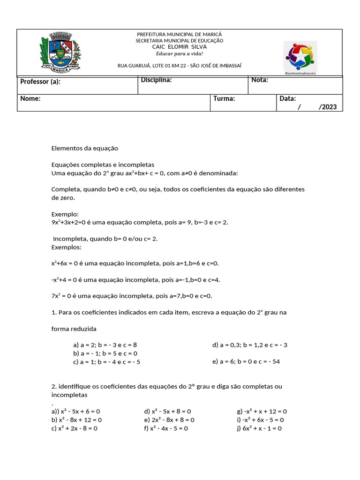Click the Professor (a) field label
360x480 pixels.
[40, 82]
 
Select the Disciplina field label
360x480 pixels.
[157, 80]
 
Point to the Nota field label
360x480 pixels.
[260, 80]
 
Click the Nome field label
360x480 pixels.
[30, 99]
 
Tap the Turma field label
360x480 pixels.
[224, 99]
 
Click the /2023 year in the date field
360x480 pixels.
[327, 107]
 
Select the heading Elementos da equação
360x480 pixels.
[85, 149]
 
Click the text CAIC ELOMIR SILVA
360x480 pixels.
[180, 47]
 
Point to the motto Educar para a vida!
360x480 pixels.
[180, 53]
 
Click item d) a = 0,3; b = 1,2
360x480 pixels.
[249, 345]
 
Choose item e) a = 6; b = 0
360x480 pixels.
[246, 362]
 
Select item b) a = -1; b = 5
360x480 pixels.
[105, 353]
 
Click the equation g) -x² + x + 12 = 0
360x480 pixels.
[262, 412]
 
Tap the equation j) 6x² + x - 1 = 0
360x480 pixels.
[259, 428]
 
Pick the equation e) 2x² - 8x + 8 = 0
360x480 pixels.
[169, 420]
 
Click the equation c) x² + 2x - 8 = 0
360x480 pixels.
[74, 428]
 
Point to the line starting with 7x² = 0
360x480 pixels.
[132, 296]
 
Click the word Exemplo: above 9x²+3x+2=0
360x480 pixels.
[65, 214]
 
